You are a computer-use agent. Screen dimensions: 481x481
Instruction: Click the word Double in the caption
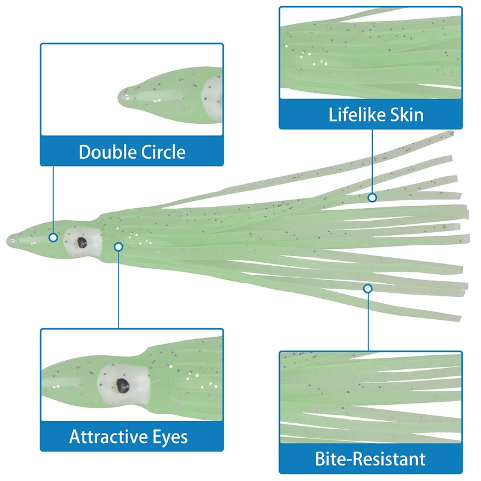(105, 152)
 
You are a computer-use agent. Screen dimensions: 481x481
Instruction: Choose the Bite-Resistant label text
(370, 460)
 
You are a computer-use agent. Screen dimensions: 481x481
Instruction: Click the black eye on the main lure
(81, 242)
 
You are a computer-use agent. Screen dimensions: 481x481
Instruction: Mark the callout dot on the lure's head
(54, 237)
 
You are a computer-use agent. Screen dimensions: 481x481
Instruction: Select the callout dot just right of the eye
(118, 246)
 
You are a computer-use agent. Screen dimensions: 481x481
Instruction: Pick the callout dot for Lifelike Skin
(372, 197)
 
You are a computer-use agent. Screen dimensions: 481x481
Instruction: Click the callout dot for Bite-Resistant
(368, 289)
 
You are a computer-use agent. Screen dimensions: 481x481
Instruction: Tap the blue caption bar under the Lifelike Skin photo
(370, 114)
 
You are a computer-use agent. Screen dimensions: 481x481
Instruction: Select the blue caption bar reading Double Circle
(132, 152)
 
